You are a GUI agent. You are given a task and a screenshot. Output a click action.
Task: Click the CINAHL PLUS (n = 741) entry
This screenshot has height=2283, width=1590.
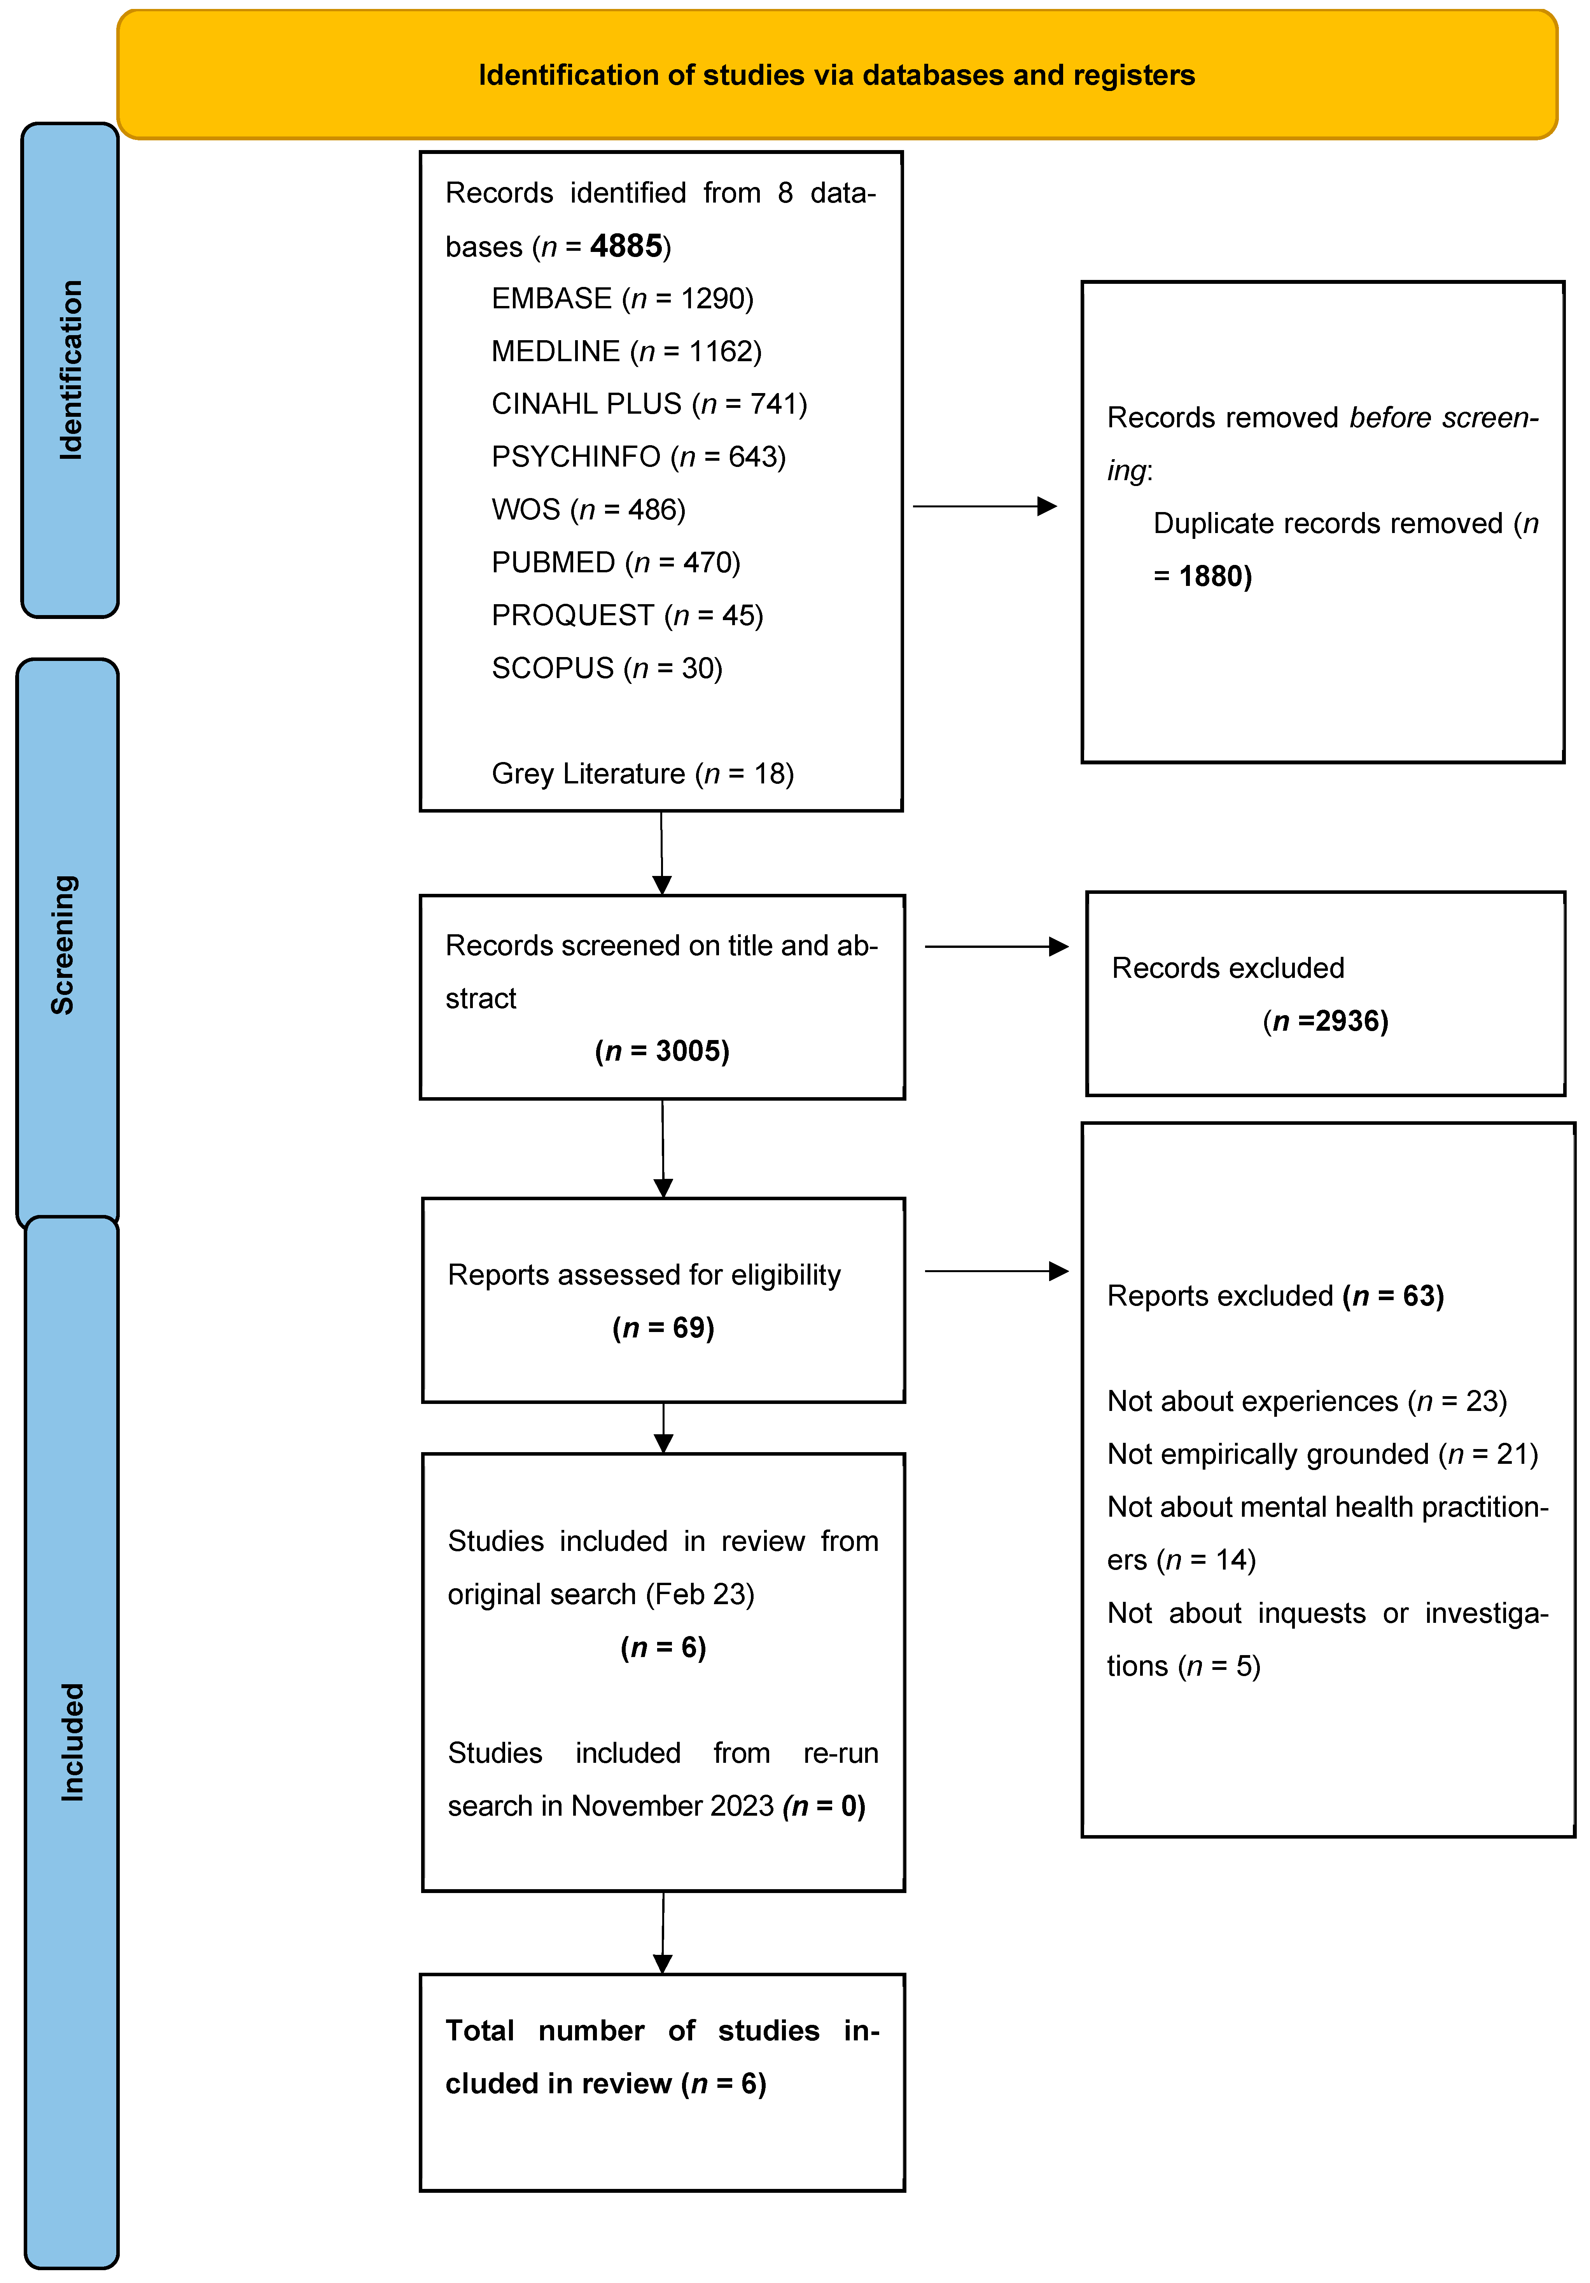(648, 404)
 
